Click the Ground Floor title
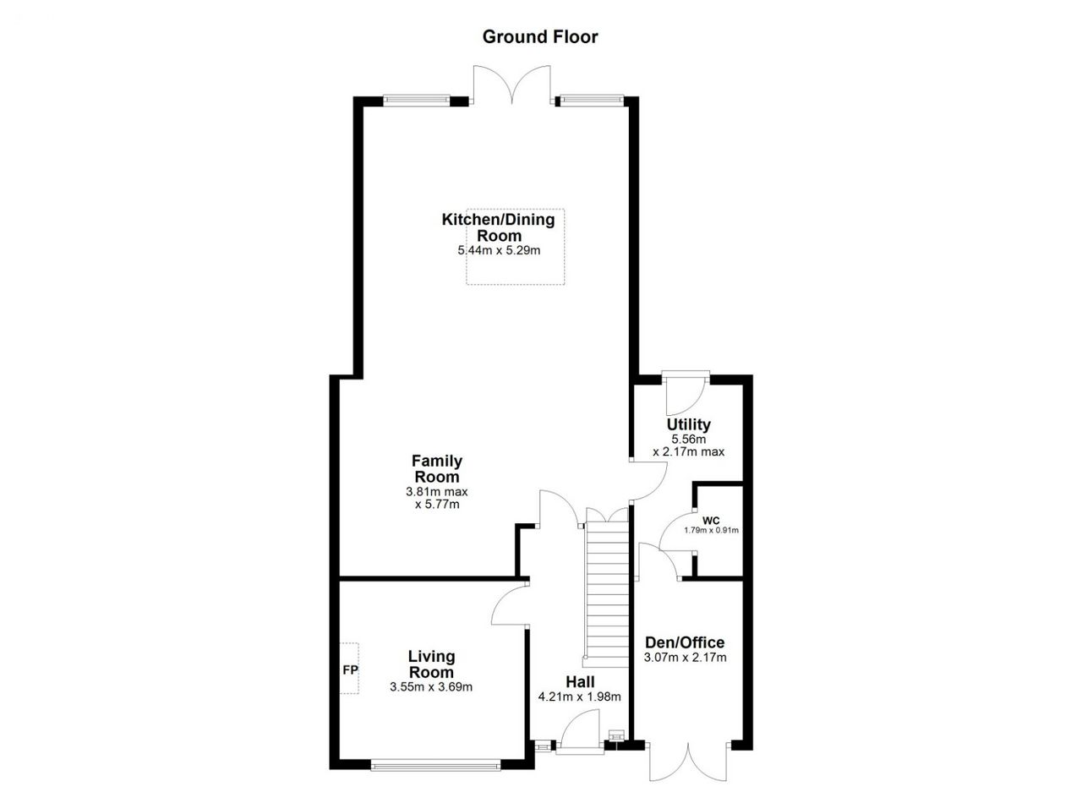pos(540,36)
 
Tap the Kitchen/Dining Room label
pos(499,227)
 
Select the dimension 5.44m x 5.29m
pos(499,250)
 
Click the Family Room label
pos(437,468)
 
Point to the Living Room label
pos(431,664)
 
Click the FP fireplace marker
pos(350,670)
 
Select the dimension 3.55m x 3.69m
pos(431,686)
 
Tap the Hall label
pos(580,681)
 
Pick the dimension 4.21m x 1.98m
pos(580,697)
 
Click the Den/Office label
pos(685,642)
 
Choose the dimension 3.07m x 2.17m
pos(685,657)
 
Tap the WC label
pos(711,521)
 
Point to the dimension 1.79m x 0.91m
pos(711,530)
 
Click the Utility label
pos(688,424)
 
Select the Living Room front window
pos(435,764)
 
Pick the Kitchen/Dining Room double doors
pos(511,85)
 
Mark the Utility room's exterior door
pos(686,393)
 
